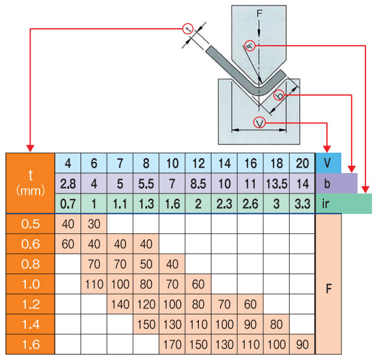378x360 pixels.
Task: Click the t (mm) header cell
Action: click(x=31, y=183)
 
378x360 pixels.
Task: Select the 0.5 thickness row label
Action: click(x=31, y=224)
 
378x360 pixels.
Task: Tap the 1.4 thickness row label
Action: click(x=31, y=325)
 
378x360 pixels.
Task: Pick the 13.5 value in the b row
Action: click(x=276, y=183)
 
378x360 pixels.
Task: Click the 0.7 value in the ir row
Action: click(x=68, y=204)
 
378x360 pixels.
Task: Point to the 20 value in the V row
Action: click(x=302, y=163)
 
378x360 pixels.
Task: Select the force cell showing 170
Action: click(x=172, y=345)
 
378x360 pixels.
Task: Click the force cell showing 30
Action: click(x=94, y=224)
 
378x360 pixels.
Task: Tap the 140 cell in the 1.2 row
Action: click(x=120, y=305)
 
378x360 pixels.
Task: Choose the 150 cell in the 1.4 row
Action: click(x=146, y=325)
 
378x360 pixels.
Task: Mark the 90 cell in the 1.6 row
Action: click(x=302, y=345)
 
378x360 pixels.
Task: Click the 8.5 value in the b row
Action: click(x=198, y=183)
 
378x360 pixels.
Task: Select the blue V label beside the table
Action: click(x=328, y=163)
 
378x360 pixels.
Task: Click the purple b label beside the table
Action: click(x=337, y=183)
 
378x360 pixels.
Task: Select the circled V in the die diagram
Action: click(x=260, y=123)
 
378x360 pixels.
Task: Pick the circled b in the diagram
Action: click(x=279, y=95)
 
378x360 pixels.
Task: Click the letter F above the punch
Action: click(x=258, y=13)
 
